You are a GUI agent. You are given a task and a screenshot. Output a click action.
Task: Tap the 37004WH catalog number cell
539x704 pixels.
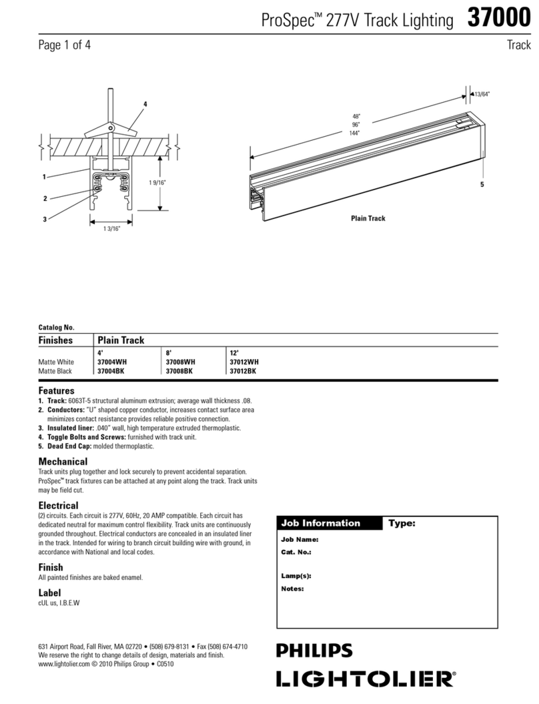(113, 362)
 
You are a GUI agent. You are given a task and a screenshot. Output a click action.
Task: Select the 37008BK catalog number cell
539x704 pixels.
(181, 371)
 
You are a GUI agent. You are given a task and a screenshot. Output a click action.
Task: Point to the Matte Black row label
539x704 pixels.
(55, 371)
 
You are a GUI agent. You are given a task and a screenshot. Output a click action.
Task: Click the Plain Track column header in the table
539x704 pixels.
(121, 340)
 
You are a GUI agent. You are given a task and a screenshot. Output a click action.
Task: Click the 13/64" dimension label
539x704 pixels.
(482, 94)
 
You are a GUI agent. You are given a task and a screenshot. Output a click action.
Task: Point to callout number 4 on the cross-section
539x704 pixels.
(145, 103)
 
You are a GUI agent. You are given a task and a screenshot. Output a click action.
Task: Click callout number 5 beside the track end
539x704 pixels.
(481, 184)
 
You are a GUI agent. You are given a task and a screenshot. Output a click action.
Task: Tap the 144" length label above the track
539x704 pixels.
(354, 133)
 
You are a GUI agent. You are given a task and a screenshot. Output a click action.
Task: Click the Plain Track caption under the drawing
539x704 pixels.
(368, 219)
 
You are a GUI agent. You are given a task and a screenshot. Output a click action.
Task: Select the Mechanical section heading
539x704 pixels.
(63, 462)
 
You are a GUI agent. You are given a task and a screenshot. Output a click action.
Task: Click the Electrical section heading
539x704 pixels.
(58, 505)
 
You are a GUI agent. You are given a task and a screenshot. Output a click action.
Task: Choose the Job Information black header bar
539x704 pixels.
(330, 523)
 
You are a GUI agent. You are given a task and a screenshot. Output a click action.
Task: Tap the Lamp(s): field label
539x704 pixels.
(296, 576)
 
